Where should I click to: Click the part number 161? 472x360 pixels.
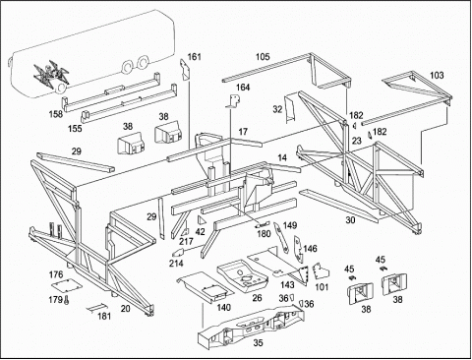tap(194, 57)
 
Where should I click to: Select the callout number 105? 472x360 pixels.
tap(263, 57)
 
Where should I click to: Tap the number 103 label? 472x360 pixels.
tap(437, 75)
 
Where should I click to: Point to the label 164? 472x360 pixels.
tap(243, 88)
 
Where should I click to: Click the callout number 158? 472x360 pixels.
tap(56, 114)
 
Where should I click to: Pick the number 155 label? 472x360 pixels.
tap(75, 128)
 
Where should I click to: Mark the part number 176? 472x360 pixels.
tap(56, 274)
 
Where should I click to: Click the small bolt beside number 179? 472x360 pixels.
tap(67, 300)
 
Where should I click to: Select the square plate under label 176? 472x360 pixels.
tap(66, 284)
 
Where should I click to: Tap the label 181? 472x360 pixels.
tap(104, 316)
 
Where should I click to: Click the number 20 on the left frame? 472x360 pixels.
tap(125, 308)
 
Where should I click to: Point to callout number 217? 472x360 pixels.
tap(186, 242)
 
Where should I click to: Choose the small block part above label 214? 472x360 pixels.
tap(178, 252)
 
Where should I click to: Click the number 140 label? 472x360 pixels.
tap(224, 307)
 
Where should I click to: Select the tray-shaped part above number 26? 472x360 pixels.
tap(242, 274)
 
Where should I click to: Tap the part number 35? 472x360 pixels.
tap(258, 342)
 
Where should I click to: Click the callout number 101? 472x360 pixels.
tap(322, 287)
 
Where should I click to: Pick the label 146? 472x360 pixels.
tap(310, 249)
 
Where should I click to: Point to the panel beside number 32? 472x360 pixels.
tap(290, 108)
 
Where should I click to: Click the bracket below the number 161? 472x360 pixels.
tap(185, 70)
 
